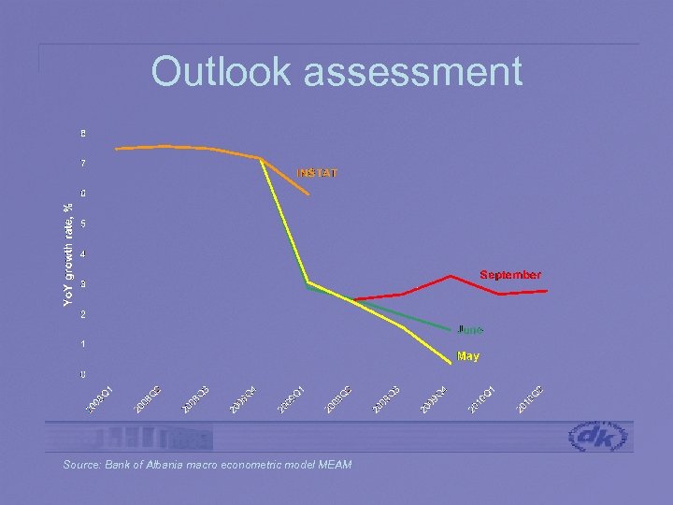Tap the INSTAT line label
[318, 173]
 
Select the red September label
[510, 275]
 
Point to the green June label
[470, 330]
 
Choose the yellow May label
[468, 356]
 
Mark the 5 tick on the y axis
[83, 224]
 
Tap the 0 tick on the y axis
[83, 375]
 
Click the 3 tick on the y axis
[83, 284]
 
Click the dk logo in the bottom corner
[601, 437]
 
